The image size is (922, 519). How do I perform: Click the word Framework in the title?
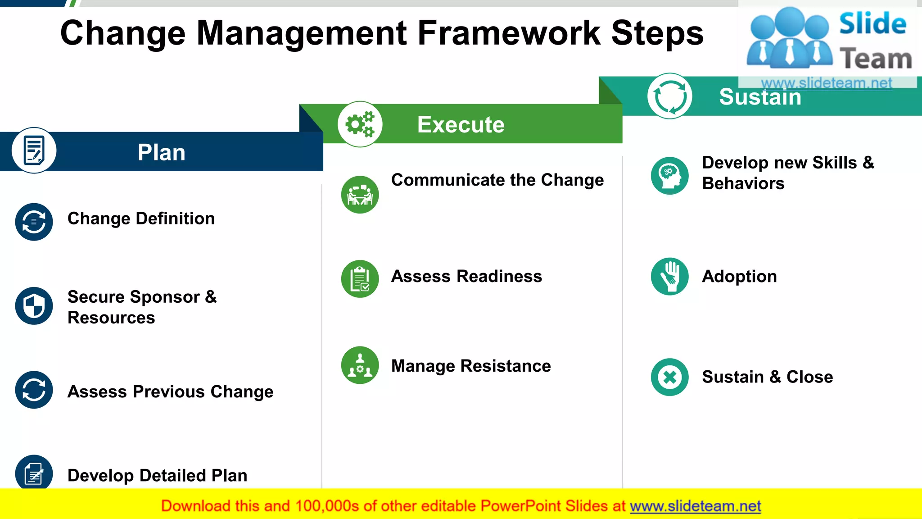[x=509, y=33]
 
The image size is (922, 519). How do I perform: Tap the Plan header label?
[x=161, y=152]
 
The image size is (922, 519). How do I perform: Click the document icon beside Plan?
[x=34, y=150]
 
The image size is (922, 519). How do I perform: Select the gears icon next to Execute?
[x=360, y=124]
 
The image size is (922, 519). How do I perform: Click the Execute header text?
[x=461, y=124]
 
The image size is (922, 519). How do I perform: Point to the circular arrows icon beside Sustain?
[x=670, y=96]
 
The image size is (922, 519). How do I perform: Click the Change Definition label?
[x=141, y=219]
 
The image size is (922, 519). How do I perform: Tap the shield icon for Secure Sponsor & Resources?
[x=34, y=306]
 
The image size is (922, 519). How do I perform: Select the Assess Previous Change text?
[x=170, y=392]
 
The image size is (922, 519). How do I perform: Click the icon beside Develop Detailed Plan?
[x=34, y=473]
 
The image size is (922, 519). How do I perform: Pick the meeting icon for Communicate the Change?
[x=360, y=195]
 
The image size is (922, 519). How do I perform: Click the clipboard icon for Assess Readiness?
[x=360, y=279]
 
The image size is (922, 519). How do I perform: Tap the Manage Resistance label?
[x=471, y=366]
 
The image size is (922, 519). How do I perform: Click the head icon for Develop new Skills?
[x=669, y=176]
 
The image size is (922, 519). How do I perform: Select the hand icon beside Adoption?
[x=669, y=276]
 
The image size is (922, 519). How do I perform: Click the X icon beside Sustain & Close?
[x=669, y=377]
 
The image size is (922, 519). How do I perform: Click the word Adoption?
[x=739, y=276]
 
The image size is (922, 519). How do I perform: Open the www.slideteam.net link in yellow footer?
[x=695, y=506]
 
